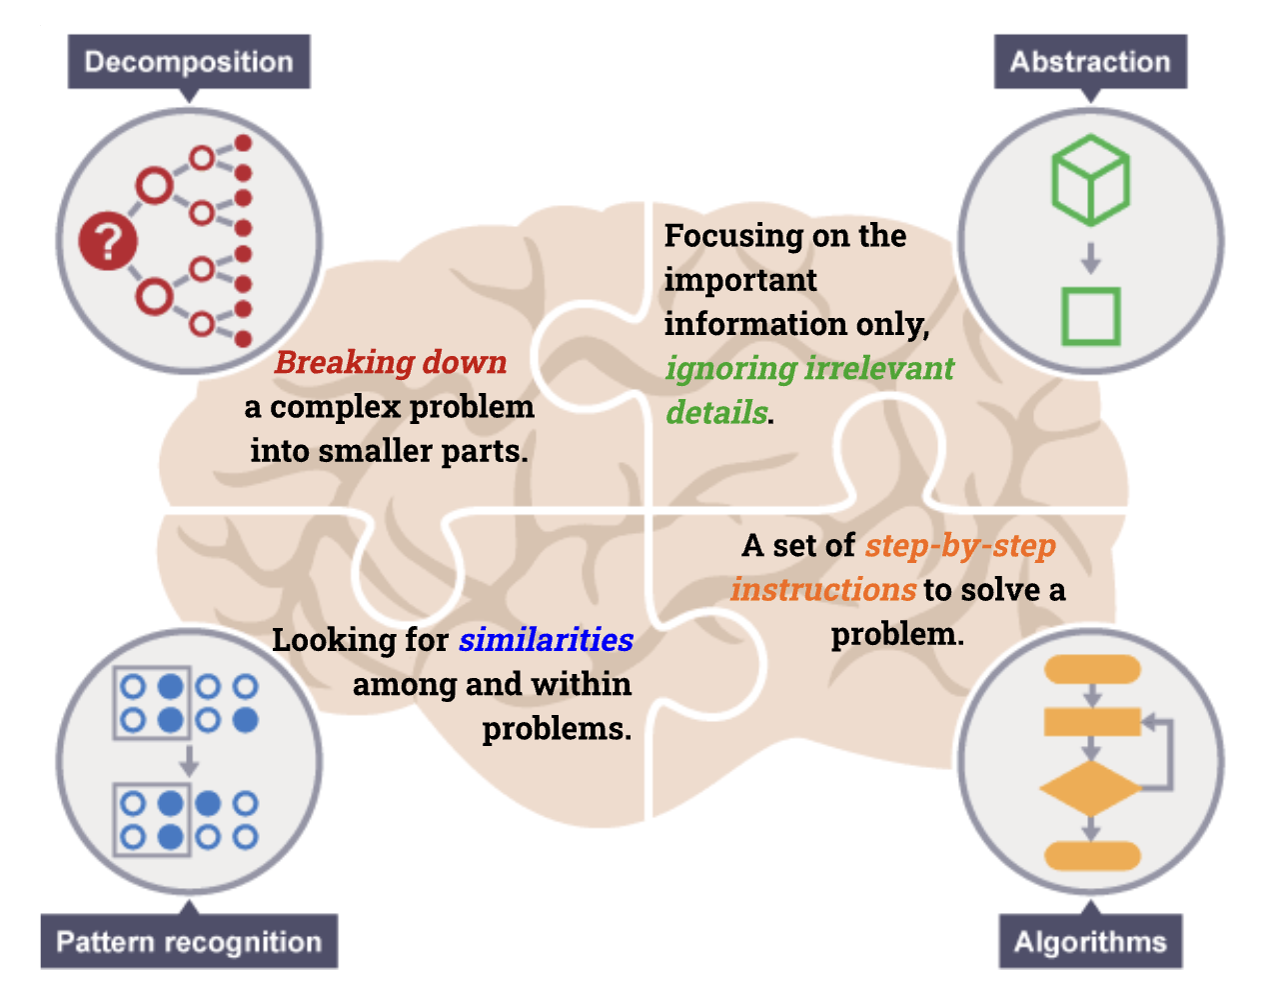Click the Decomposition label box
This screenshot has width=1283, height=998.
pyautogui.click(x=189, y=62)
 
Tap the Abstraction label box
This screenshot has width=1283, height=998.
pyautogui.click(x=1090, y=62)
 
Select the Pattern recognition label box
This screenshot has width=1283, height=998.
pyautogui.click(x=189, y=942)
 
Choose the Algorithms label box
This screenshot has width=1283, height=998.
pyautogui.click(x=1090, y=942)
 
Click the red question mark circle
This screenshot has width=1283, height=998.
pyautogui.click(x=108, y=241)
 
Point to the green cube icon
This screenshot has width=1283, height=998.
pyautogui.click(x=1090, y=180)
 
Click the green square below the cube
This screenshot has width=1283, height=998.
pyautogui.click(x=1090, y=316)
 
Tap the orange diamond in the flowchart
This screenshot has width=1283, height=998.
pyautogui.click(x=1090, y=788)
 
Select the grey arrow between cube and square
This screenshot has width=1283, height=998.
pyautogui.click(x=1090, y=258)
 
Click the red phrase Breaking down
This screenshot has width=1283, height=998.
pyautogui.click(x=391, y=362)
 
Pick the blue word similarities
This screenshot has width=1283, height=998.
pyautogui.click(x=546, y=639)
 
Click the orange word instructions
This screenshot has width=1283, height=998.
pyautogui.click(x=823, y=589)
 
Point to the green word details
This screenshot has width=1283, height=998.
pyautogui.click(x=716, y=412)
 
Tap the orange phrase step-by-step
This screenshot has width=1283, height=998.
pyautogui.click(x=960, y=545)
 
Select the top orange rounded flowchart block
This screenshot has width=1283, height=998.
pyautogui.click(x=1091, y=669)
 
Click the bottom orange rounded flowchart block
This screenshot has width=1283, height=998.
pyautogui.click(x=1091, y=856)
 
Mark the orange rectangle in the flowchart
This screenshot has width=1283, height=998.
pyautogui.click(x=1091, y=721)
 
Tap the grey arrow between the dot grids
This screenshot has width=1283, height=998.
pyautogui.click(x=188, y=760)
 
